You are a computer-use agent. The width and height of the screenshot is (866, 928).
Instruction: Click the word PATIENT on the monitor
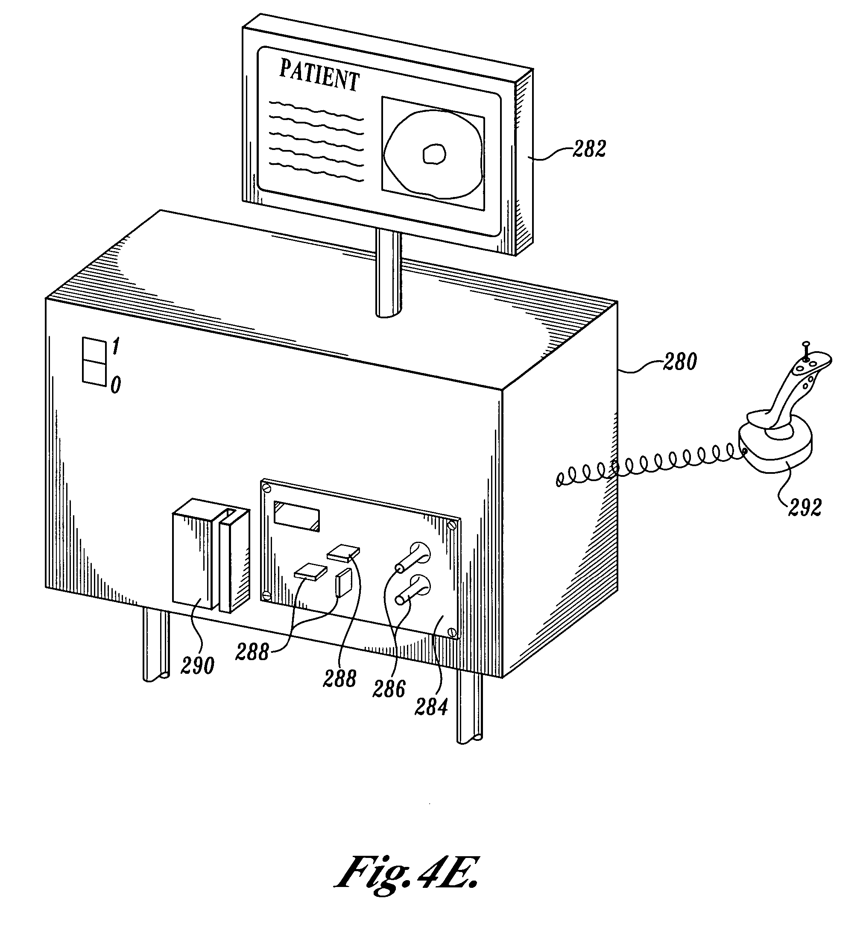point(319,77)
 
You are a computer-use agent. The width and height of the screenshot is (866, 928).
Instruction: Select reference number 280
point(680,362)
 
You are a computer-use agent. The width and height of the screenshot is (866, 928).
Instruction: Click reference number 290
point(197,666)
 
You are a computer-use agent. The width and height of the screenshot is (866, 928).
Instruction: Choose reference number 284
point(431,707)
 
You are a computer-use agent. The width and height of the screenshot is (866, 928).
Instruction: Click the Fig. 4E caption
point(407,871)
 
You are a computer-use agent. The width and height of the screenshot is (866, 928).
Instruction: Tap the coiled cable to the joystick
point(653,467)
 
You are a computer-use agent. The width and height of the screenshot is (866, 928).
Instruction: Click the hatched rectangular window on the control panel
point(297,516)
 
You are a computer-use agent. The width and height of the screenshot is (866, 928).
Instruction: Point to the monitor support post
point(388,276)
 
